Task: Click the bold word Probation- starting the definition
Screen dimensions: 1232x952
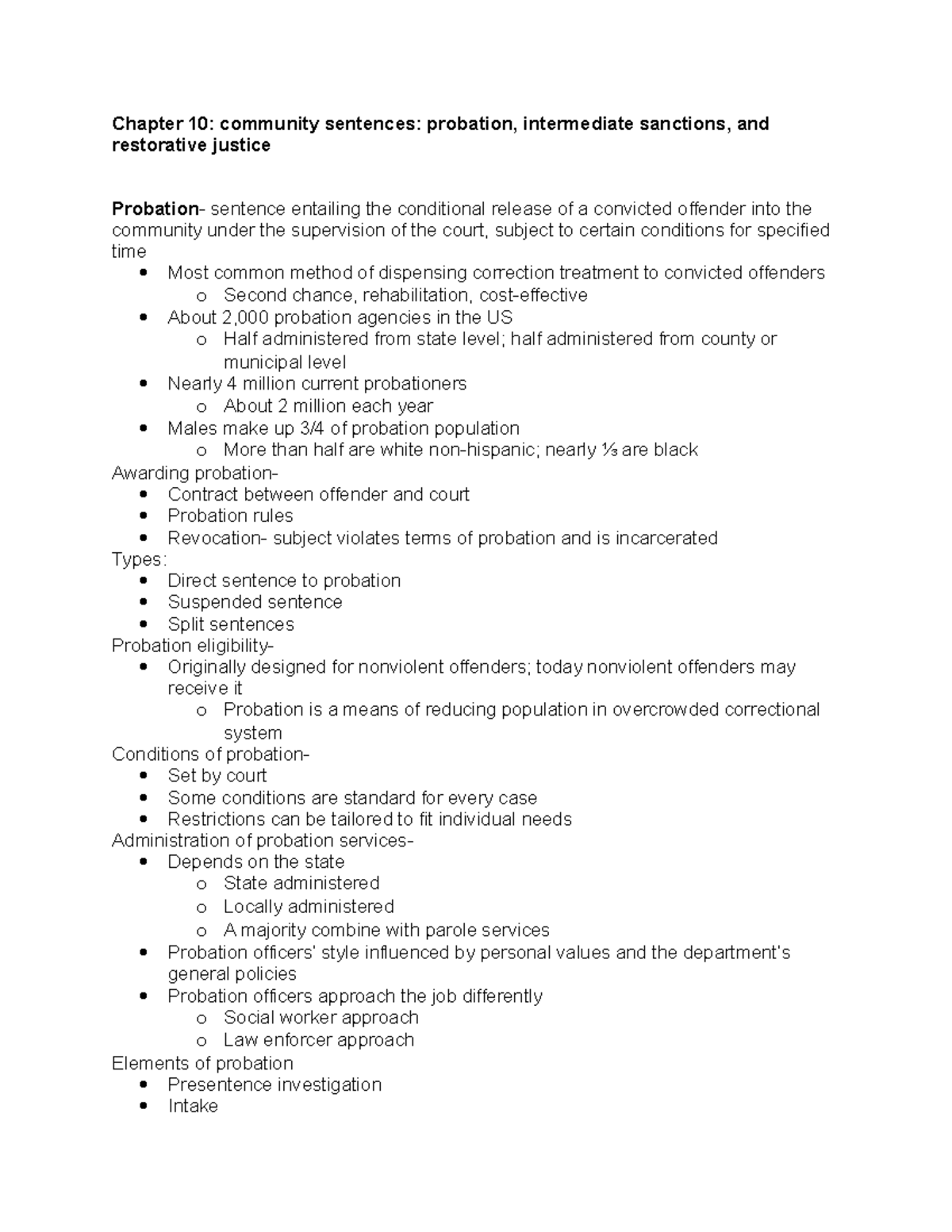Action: (156, 209)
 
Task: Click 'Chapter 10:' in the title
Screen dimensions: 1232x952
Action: (163, 124)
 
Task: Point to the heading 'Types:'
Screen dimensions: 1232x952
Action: (139, 559)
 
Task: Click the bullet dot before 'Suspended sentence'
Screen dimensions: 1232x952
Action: (143, 602)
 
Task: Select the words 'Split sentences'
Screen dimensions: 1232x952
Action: (230, 624)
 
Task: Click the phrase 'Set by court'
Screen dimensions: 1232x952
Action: (217, 776)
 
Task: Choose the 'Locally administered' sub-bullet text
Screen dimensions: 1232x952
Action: (309, 906)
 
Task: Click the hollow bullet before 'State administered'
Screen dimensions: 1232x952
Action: (202, 885)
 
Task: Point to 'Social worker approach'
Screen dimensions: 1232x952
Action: (321, 1017)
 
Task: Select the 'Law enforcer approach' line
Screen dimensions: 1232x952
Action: (318, 1039)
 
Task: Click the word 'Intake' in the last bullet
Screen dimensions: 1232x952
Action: (193, 1106)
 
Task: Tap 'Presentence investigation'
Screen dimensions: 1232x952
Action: (274, 1084)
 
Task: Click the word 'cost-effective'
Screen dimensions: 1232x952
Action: (534, 295)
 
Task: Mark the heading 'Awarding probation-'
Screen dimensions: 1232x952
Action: (194, 473)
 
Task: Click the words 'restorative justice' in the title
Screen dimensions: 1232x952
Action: (191, 145)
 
